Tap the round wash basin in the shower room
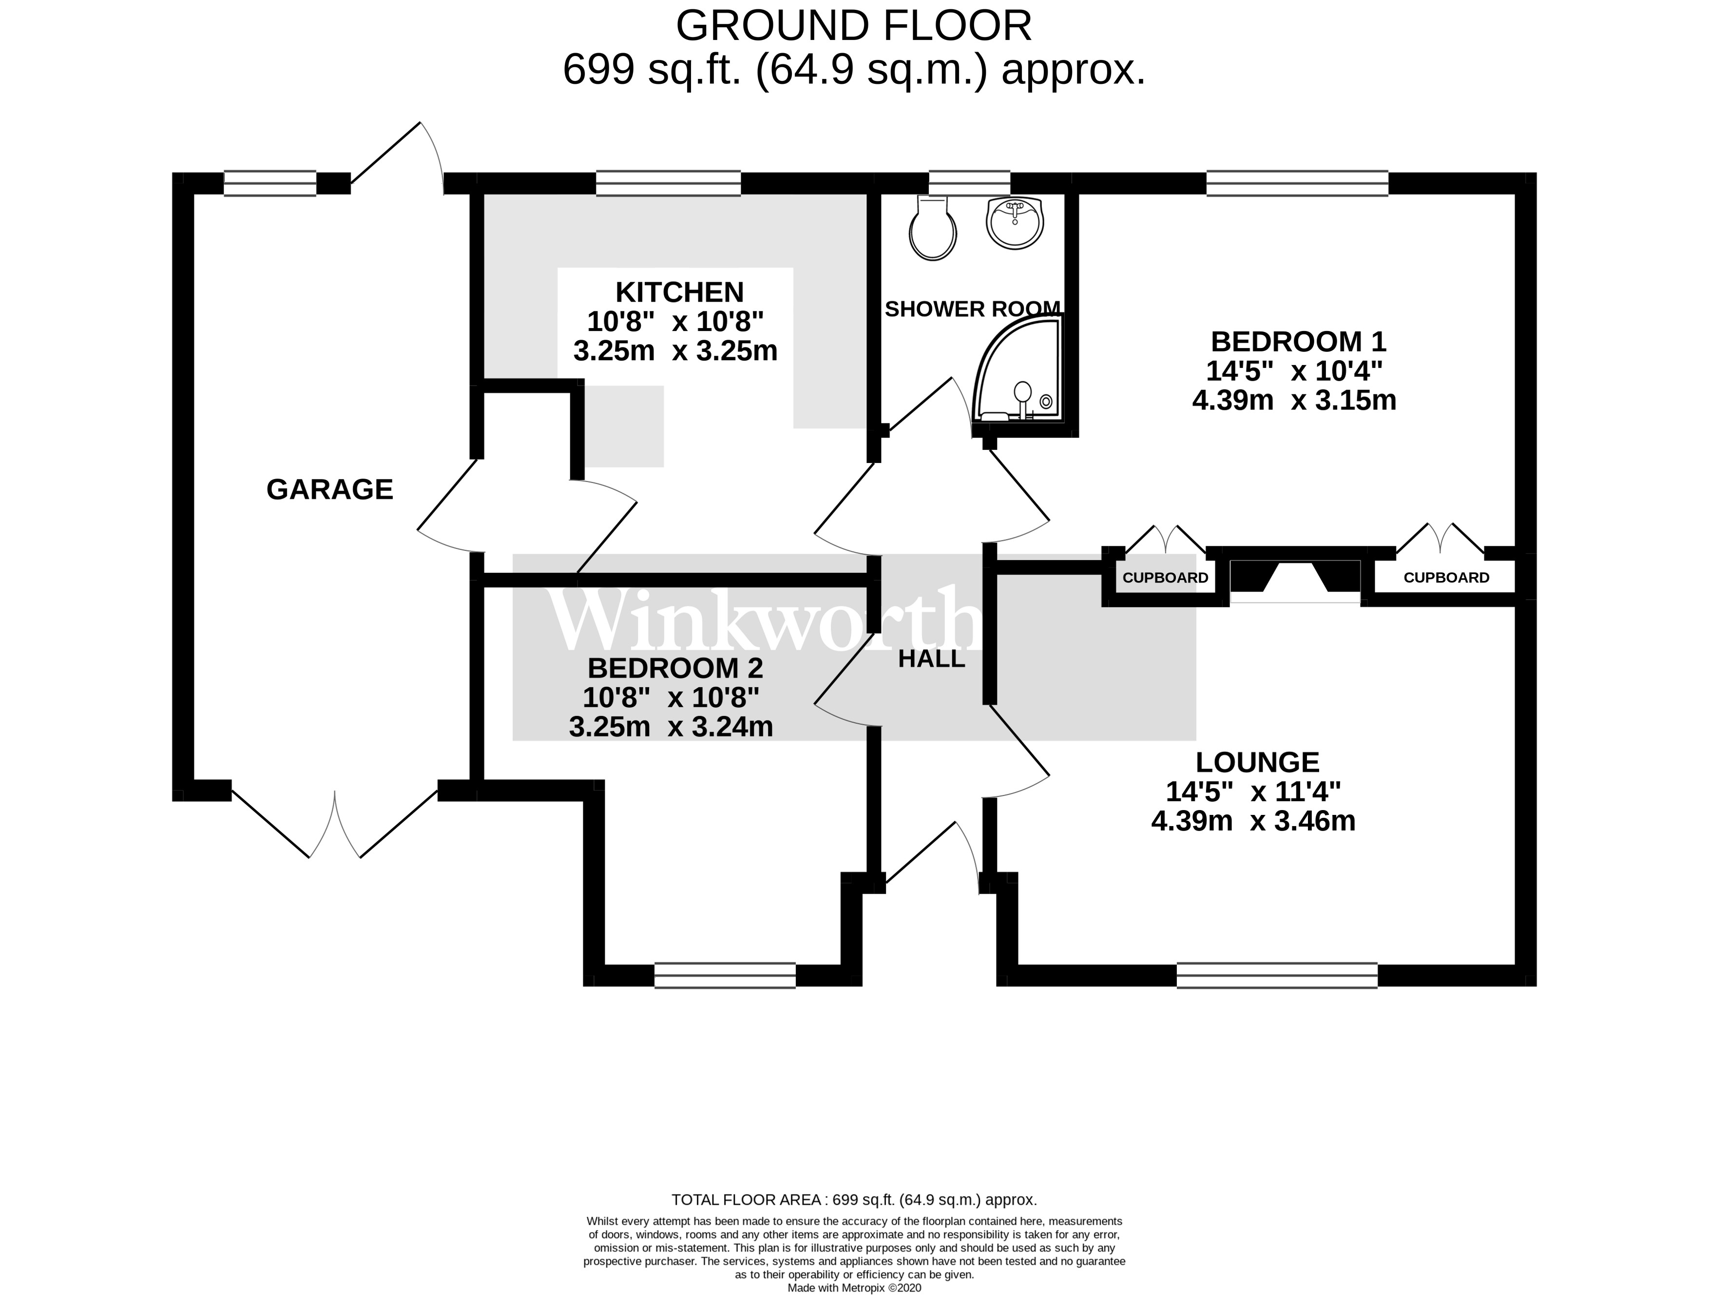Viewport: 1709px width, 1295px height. click(1015, 223)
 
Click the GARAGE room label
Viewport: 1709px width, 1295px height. click(330, 490)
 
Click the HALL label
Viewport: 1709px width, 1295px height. click(932, 659)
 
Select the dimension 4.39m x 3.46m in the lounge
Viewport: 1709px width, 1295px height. click(1253, 821)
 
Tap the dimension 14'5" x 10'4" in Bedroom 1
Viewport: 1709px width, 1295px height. click(1294, 372)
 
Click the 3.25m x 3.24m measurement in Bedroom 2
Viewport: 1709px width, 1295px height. click(671, 727)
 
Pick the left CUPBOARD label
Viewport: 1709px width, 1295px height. click(1165, 578)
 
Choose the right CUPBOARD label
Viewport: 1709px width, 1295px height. click(1446, 578)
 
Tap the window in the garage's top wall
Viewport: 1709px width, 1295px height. click(269, 183)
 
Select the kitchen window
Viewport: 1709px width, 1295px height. click(668, 183)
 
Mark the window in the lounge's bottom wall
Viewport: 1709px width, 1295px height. click(1277, 976)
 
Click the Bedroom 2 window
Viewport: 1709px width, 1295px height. click(725, 976)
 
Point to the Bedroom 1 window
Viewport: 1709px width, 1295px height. click(1297, 183)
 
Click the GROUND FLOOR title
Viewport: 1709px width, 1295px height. click(854, 27)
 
